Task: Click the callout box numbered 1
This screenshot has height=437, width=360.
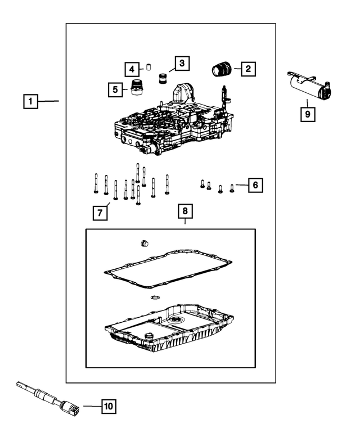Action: [30, 102]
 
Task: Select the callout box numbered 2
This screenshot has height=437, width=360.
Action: [248, 69]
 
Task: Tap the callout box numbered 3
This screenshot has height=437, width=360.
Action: [182, 64]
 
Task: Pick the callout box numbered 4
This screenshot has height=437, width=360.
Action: [131, 70]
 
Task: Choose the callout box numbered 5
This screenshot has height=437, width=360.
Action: [115, 89]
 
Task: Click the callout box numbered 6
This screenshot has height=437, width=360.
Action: [255, 184]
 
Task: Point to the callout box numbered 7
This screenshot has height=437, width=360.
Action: [100, 213]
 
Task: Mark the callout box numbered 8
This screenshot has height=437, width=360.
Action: [185, 212]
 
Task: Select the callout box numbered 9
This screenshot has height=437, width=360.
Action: [307, 114]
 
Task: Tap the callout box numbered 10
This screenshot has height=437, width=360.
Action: [109, 406]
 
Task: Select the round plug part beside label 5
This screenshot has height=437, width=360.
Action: [136, 88]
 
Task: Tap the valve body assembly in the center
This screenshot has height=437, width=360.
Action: [174, 127]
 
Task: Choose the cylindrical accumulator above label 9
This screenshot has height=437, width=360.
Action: [308, 88]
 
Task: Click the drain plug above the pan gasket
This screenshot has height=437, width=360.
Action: [144, 244]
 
